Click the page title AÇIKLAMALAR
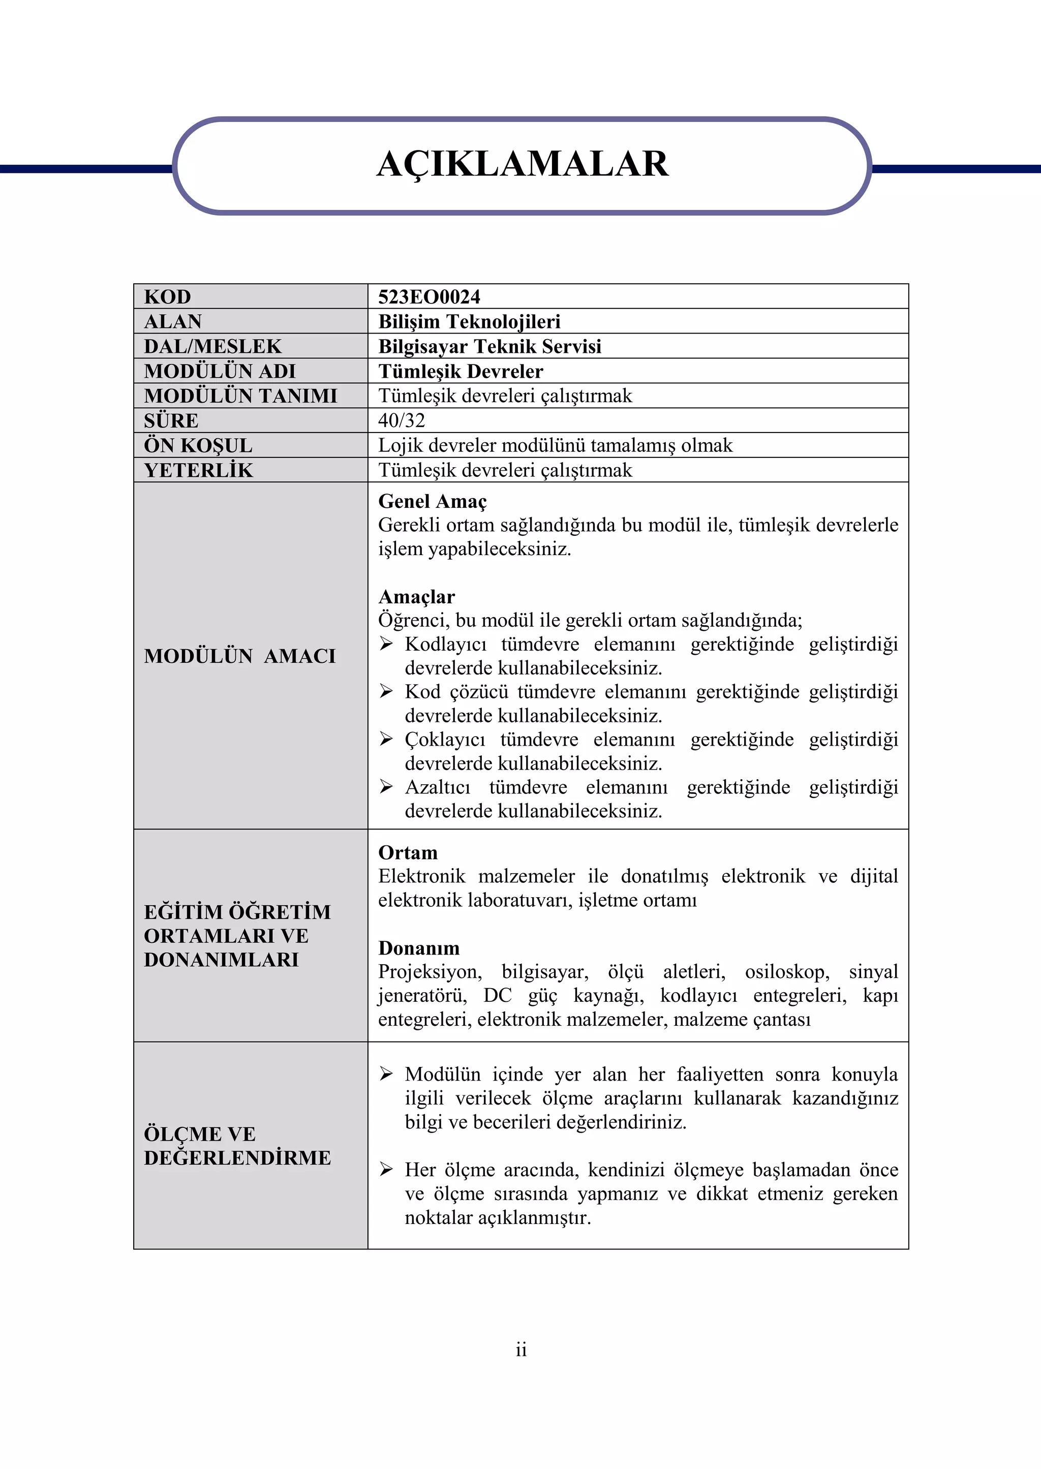(x=522, y=164)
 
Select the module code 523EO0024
(x=429, y=297)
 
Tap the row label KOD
(x=167, y=297)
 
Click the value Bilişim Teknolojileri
(x=469, y=321)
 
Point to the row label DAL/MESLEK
(x=212, y=346)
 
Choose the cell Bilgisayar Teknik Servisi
(x=489, y=346)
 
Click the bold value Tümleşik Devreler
(x=460, y=371)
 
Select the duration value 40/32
(x=401, y=420)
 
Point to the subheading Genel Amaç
(x=432, y=501)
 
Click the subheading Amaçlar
(x=416, y=597)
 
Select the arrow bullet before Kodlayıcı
(x=386, y=644)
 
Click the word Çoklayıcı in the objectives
(x=445, y=740)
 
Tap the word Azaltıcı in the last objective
(x=437, y=787)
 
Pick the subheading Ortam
(x=408, y=852)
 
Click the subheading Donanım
(x=418, y=948)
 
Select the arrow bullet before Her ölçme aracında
(x=386, y=1170)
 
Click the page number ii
(x=520, y=1350)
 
